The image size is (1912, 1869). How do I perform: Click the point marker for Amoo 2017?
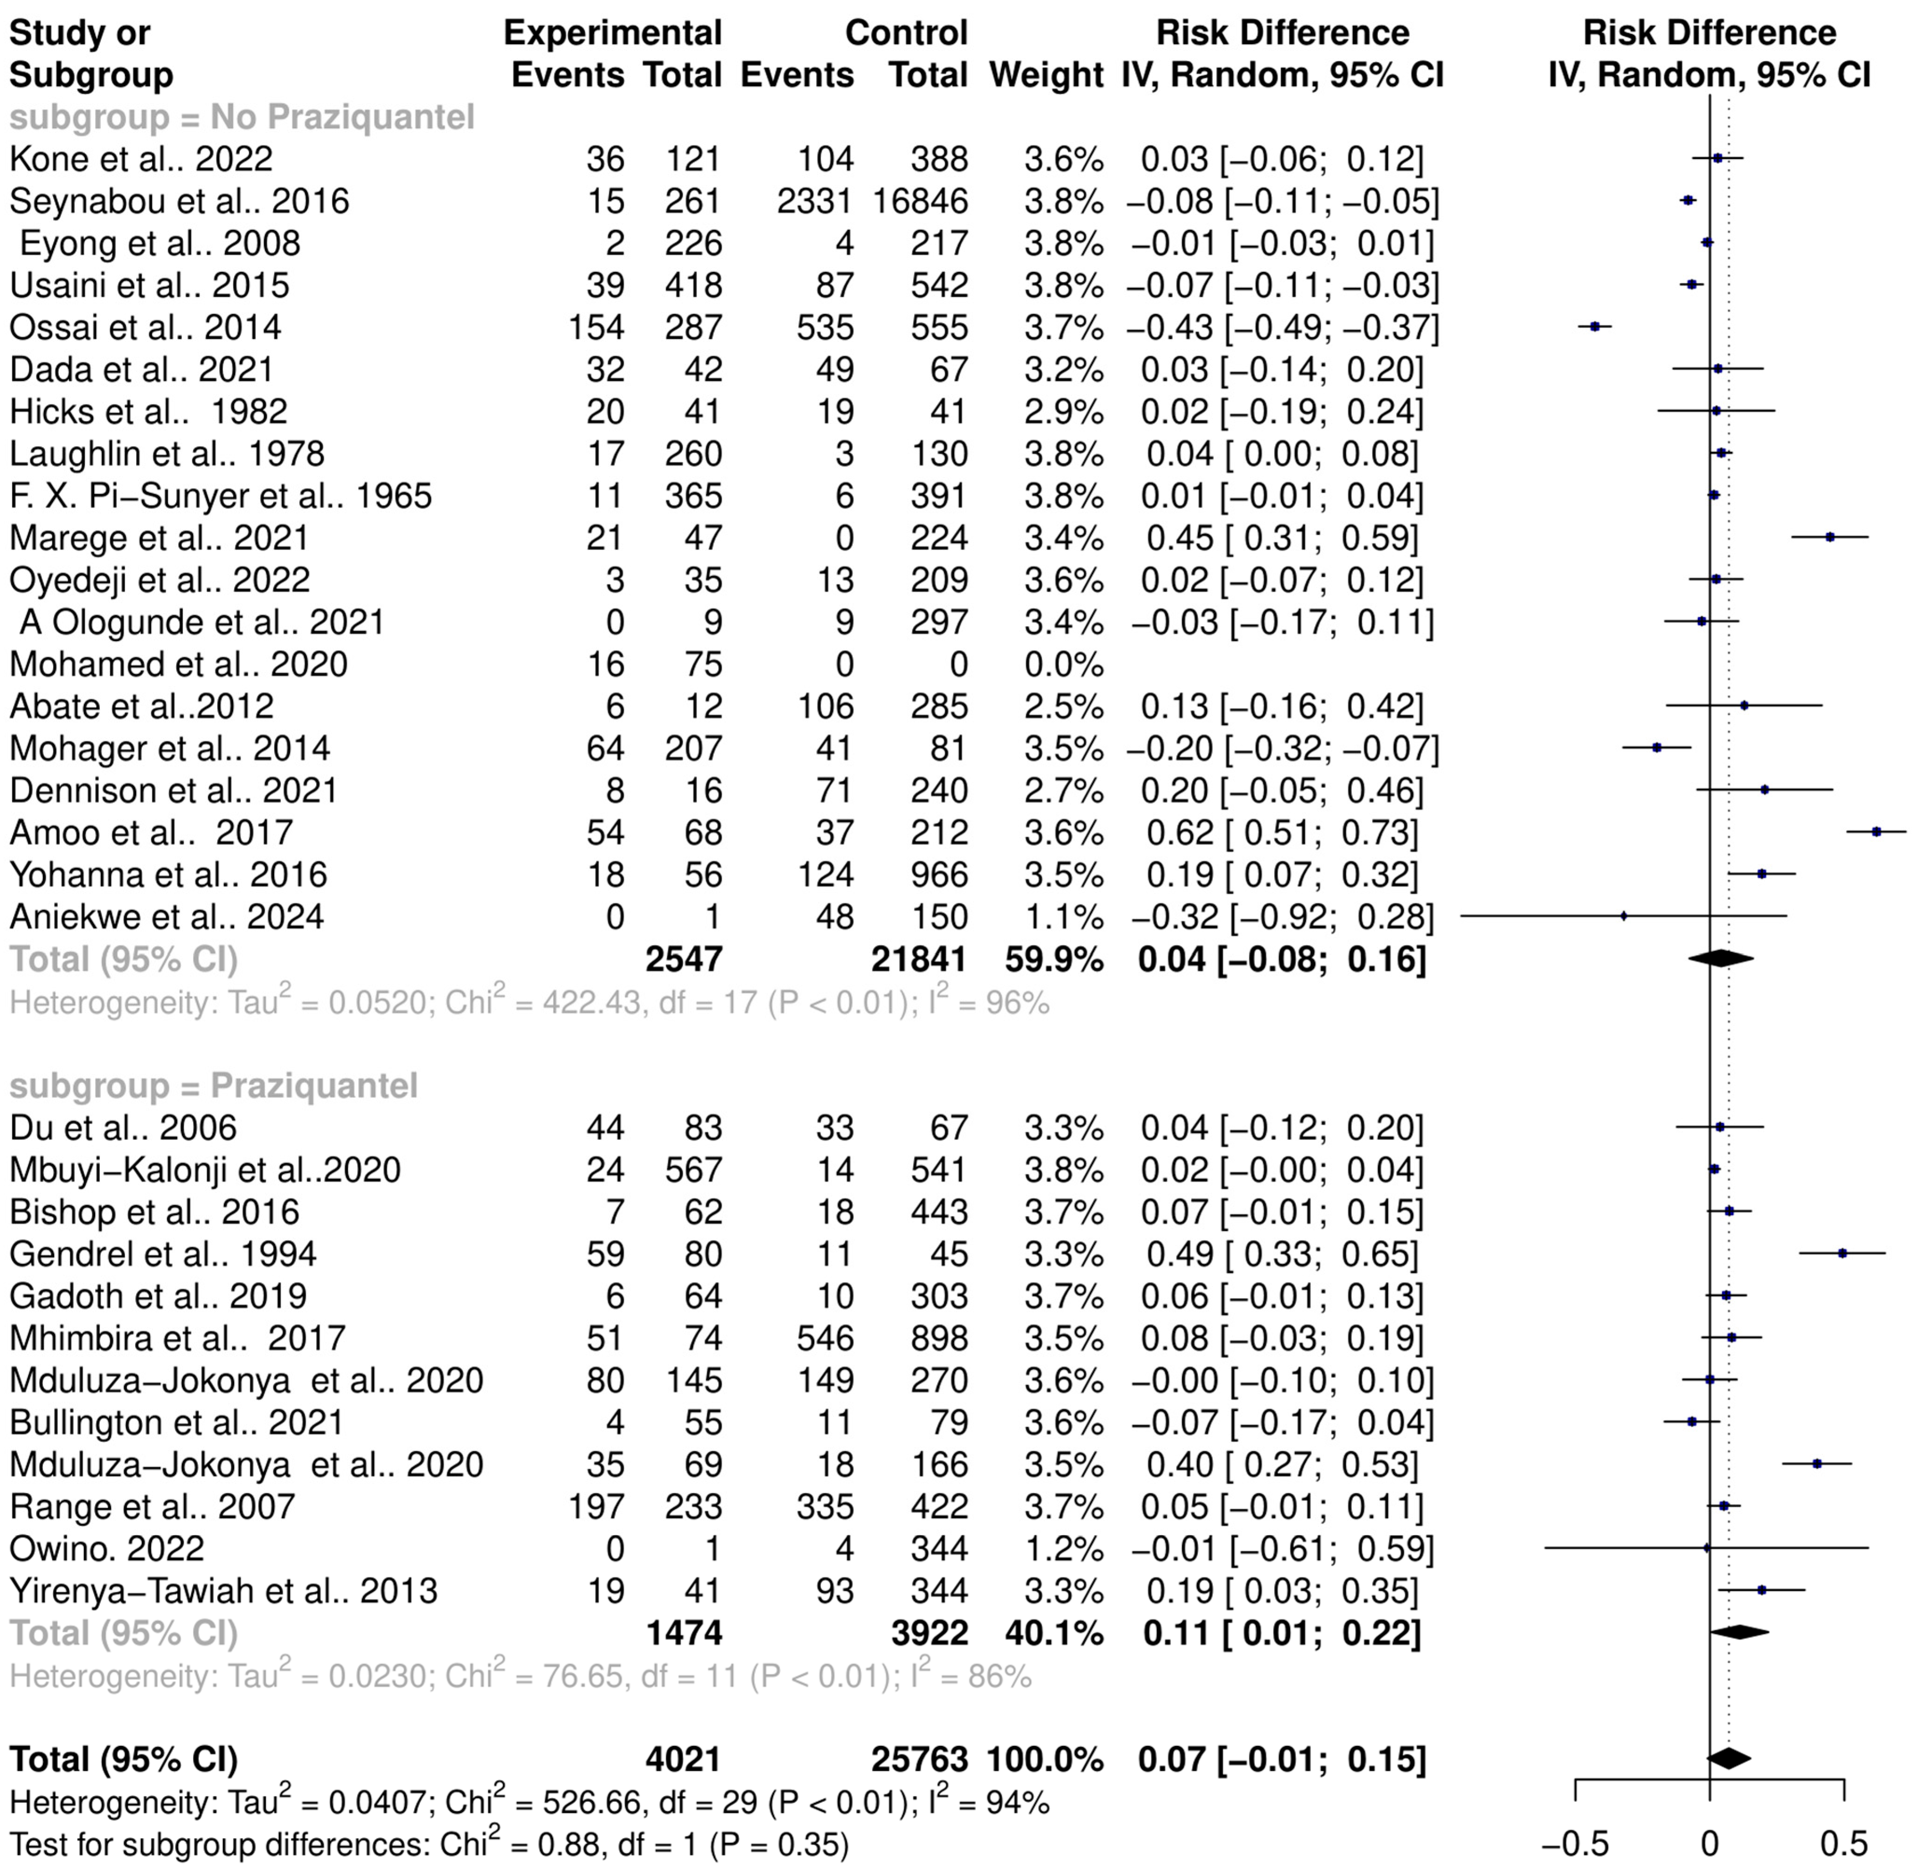click(x=1877, y=831)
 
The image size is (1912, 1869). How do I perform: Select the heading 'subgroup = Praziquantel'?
click(x=214, y=1086)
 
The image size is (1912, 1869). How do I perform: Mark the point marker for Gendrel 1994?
click(x=1842, y=1254)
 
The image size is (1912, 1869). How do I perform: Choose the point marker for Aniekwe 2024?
click(x=1623, y=916)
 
